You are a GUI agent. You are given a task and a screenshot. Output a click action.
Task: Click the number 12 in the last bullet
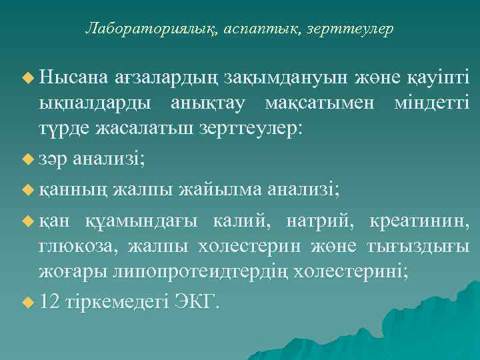(50, 301)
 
